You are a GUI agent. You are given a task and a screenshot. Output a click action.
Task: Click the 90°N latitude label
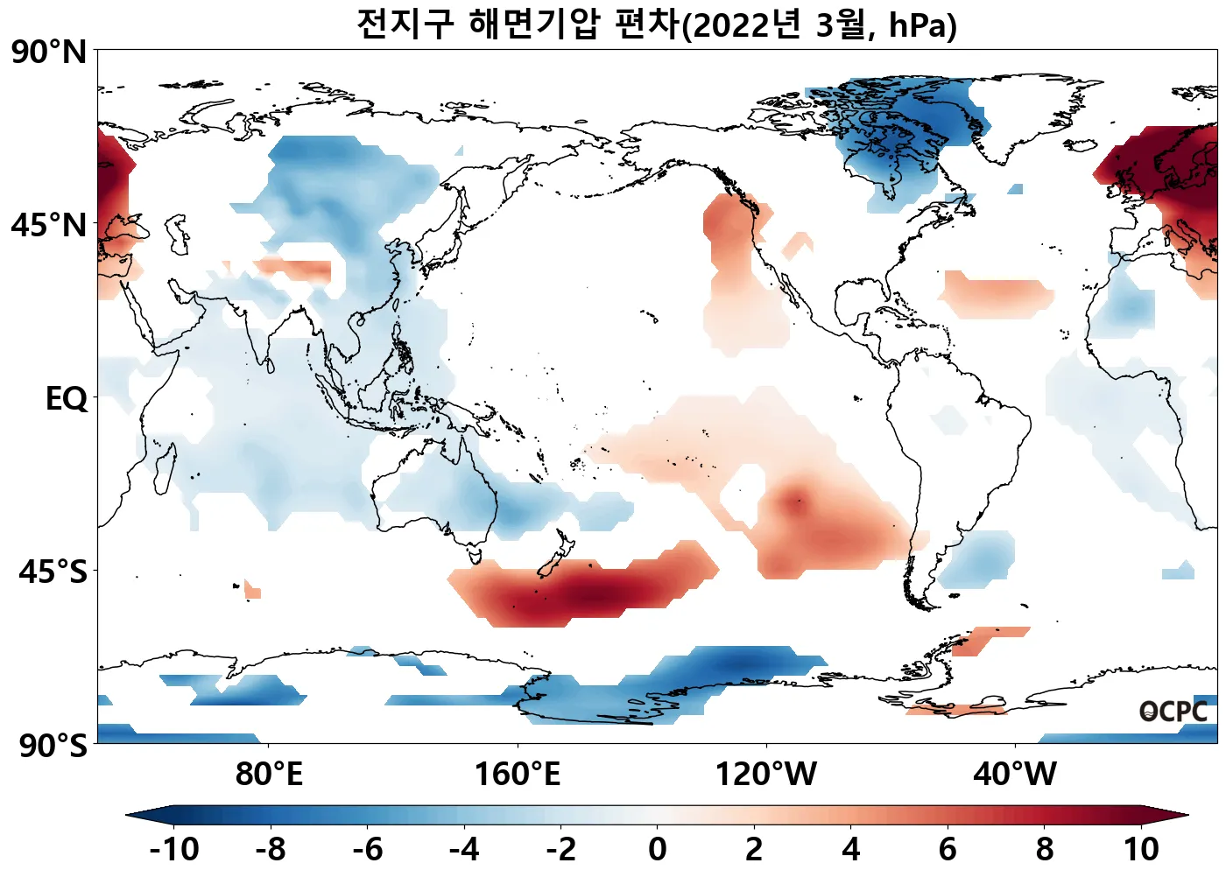[x=49, y=52]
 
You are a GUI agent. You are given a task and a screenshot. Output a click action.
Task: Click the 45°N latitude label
[x=49, y=225]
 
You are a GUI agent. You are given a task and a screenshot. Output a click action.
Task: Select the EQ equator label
[x=67, y=399]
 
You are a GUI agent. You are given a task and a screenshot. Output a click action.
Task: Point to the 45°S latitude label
[x=53, y=572]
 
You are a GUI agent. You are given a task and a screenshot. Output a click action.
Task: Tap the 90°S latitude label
[x=53, y=746]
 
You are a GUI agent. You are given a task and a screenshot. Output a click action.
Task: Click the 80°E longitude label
[x=269, y=775]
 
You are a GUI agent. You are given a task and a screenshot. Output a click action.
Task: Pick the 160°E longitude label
[x=517, y=775]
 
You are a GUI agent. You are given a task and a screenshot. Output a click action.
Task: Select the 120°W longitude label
[x=766, y=775]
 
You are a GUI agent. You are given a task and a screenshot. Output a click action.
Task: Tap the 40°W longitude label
[x=1015, y=775]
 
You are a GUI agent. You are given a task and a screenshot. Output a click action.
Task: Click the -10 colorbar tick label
[x=173, y=849]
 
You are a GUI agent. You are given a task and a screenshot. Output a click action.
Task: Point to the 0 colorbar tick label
[x=657, y=849]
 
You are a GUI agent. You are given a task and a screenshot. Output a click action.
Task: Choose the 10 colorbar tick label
[x=1141, y=849]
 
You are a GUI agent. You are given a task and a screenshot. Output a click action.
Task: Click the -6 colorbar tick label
[x=367, y=849]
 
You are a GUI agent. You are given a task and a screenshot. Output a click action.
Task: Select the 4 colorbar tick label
[x=850, y=849]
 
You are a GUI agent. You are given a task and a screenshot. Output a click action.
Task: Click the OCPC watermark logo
[x=1173, y=712]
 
